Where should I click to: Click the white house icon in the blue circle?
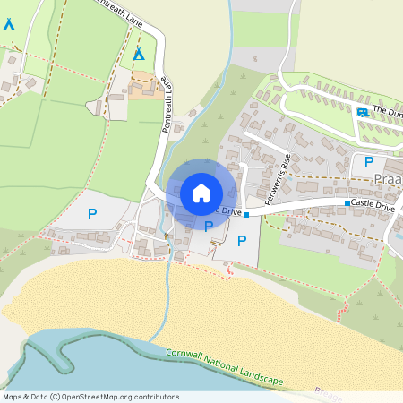201,193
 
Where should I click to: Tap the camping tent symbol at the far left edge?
8,25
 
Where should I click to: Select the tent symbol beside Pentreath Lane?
139,55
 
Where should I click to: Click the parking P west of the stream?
91,214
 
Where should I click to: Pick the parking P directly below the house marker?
209,226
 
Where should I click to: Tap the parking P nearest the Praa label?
368,163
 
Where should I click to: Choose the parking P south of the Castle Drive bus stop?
241,240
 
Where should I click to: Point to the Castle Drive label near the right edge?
373,206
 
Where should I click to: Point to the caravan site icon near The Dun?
362,112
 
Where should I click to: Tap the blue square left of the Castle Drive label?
347,205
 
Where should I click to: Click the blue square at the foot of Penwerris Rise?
245,215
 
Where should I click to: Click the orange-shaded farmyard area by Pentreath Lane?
143,88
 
